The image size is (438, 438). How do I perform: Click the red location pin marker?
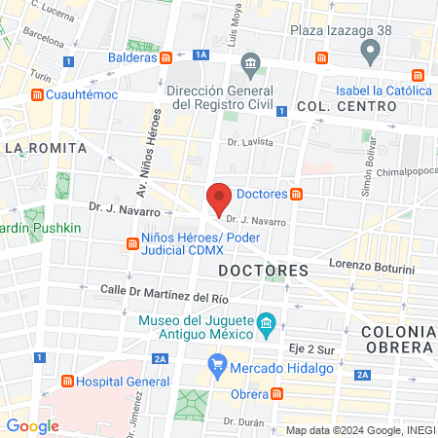point(219,199)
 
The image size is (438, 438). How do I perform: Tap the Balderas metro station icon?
point(167,57)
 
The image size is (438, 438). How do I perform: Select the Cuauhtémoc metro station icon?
point(37,94)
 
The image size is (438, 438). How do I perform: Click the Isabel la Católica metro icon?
point(418,75)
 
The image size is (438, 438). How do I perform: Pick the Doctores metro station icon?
point(297,194)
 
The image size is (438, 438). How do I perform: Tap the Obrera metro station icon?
point(277,393)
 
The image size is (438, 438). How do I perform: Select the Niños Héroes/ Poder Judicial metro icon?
point(131,243)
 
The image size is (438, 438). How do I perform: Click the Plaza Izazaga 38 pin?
point(369,50)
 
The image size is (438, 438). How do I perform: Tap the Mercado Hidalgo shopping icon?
point(218,368)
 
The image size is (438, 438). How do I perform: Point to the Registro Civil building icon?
point(251,67)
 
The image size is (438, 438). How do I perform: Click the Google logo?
point(32,425)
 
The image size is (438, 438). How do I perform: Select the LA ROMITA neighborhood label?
point(46,148)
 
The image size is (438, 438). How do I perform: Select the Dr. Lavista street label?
point(249,141)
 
